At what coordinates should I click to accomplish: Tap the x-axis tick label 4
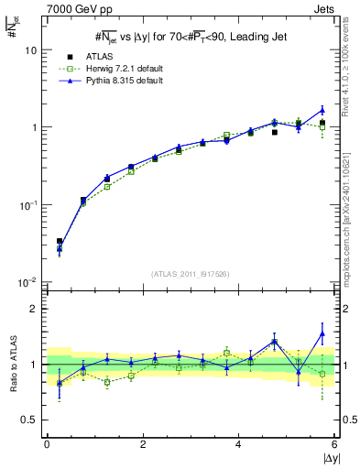[239, 443]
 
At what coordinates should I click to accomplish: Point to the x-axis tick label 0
[47, 443]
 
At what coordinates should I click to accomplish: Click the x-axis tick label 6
[335, 443]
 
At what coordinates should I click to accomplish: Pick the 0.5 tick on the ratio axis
[31, 420]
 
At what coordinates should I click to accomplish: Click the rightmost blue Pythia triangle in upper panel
[322, 110]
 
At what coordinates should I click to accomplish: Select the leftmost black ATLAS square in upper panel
[60, 242]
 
